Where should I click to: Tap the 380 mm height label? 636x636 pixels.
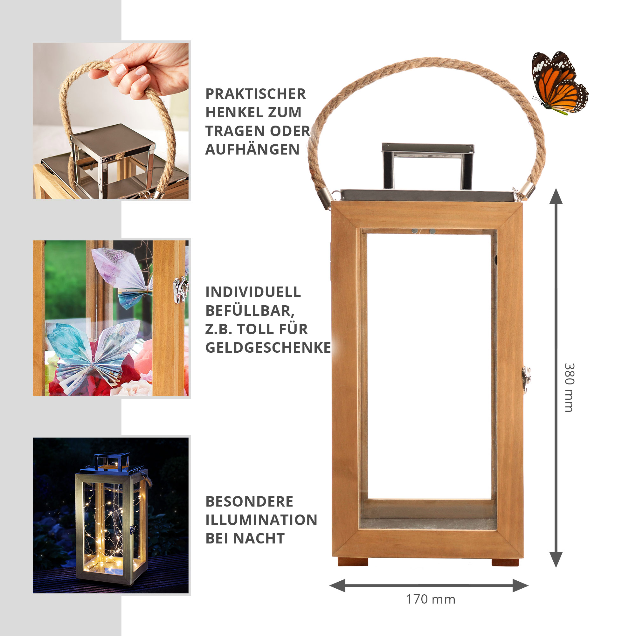pyautogui.click(x=569, y=388)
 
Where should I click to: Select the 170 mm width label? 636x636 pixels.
pyautogui.click(x=430, y=599)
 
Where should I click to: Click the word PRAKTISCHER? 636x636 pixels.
pyautogui.click(x=255, y=94)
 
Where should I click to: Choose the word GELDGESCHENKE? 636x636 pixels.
pyautogui.click(x=268, y=348)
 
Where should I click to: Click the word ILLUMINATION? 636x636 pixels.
pyautogui.click(x=261, y=520)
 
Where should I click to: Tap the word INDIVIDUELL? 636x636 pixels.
pyautogui.click(x=253, y=292)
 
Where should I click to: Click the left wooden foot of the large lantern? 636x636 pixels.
pyautogui.click(x=353, y=562)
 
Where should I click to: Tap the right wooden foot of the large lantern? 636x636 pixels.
pyautogui.click(x=505, y=562)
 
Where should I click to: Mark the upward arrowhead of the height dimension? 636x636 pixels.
pyautogui.click(x=556, y=197)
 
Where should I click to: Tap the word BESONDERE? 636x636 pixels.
pyautogui.click(x=249, y=502)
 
